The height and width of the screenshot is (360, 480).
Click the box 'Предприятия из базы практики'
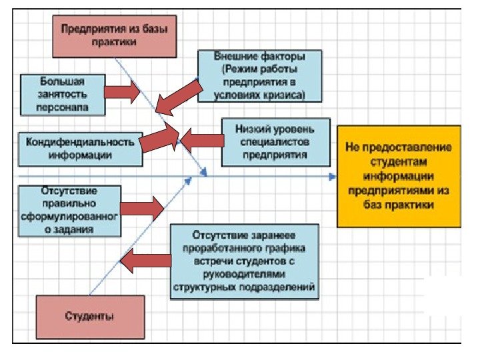pos(115,35)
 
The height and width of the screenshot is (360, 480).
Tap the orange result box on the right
pos(398,176)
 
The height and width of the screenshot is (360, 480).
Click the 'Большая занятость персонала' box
pos(63,93)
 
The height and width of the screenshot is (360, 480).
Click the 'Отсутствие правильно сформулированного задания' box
pos(70,210)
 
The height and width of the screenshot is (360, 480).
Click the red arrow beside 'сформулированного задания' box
pos(141,209)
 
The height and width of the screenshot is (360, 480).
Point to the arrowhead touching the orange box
pos(333,177)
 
